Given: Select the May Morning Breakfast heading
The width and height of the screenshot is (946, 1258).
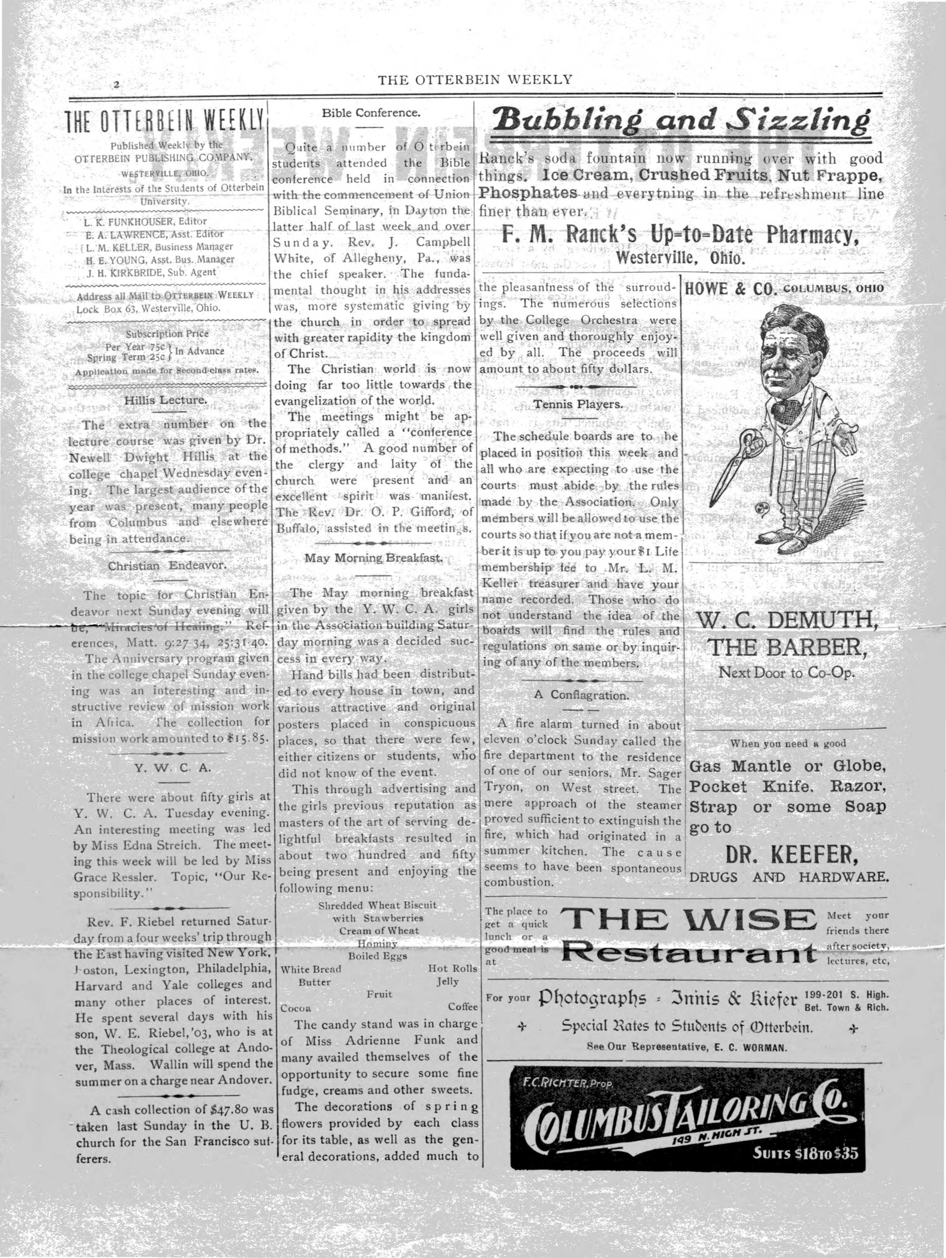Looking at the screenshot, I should click(373, 558).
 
